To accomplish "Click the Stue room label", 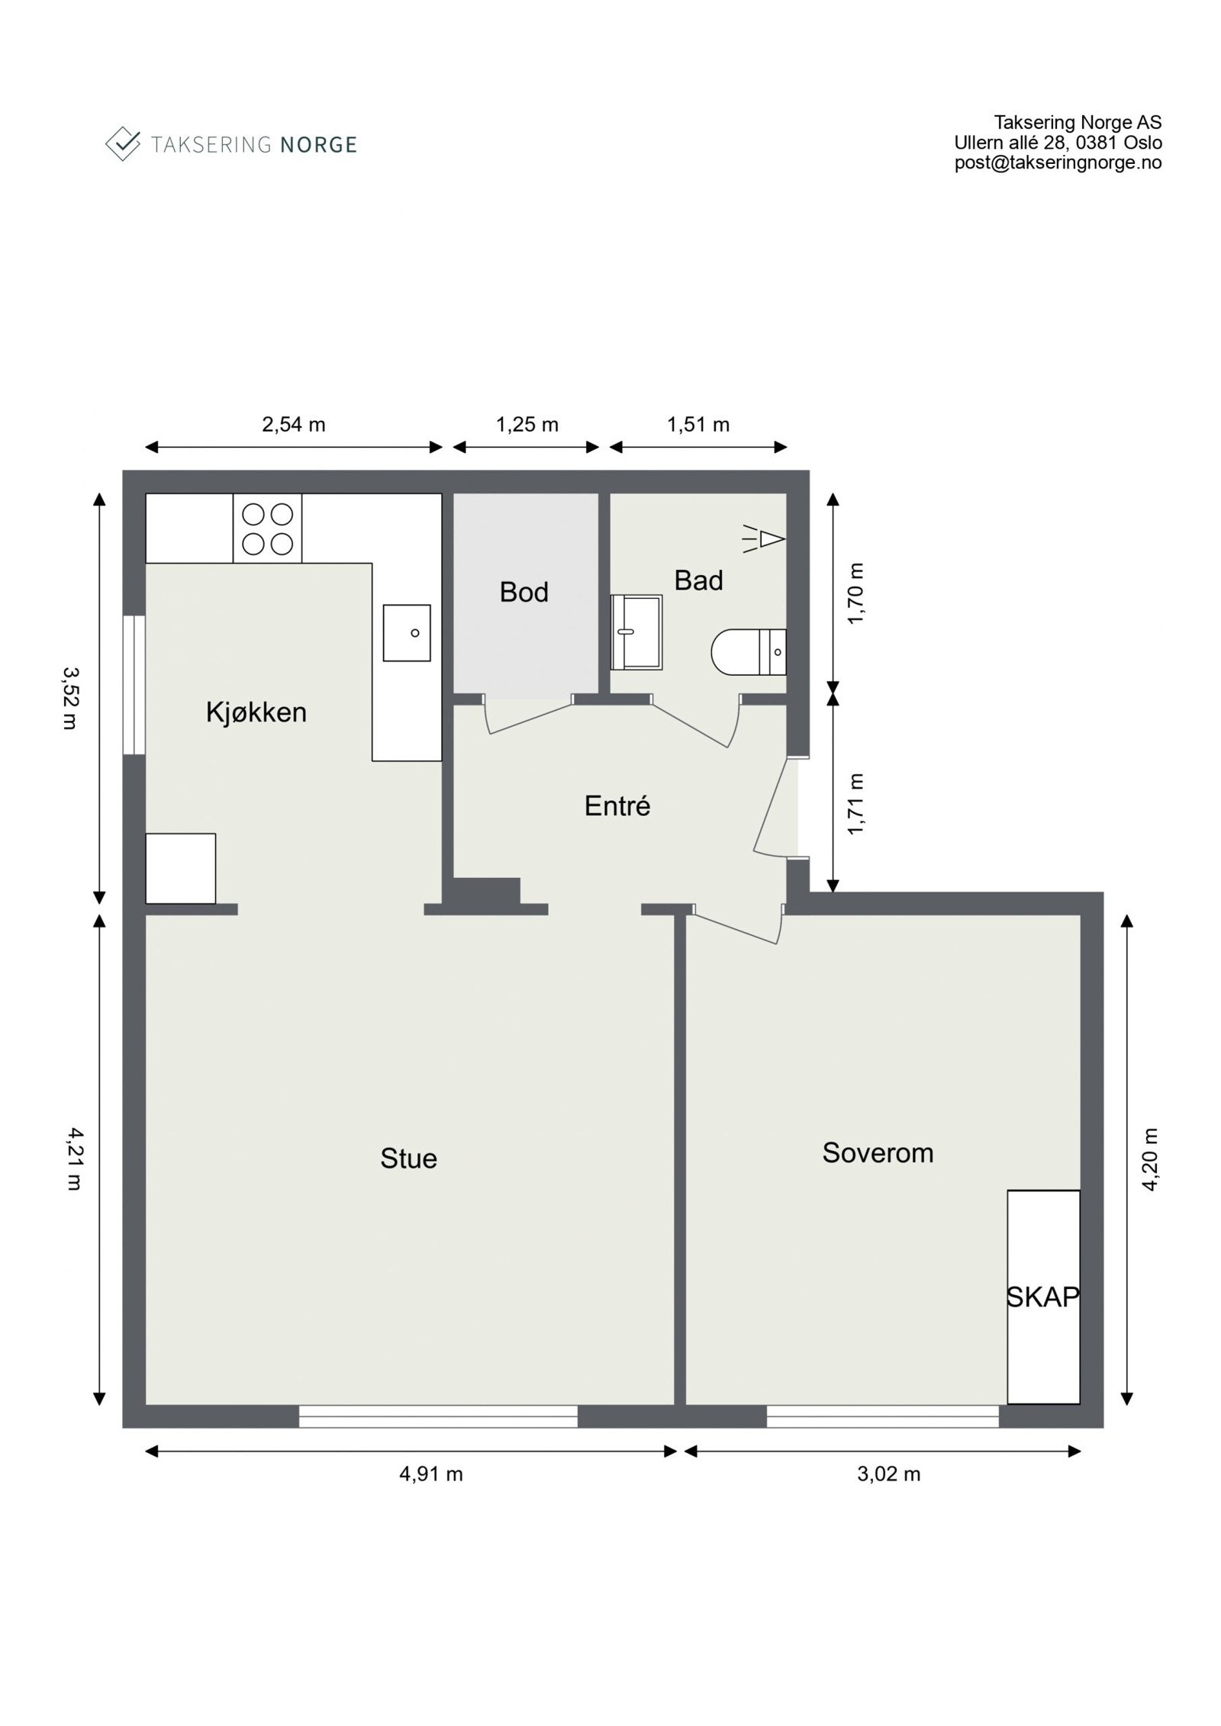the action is point(408,1159).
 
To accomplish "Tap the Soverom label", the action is point(878,1152).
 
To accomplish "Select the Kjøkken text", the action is point(256,712).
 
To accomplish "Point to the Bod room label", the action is point(524,592).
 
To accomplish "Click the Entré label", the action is point(617,805).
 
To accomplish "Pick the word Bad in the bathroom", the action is point(698,580).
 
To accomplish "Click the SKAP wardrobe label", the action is point(1043,1297).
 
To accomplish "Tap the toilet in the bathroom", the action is point(748,652).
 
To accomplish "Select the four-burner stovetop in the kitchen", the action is point(267,529).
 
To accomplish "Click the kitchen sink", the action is point(407,633).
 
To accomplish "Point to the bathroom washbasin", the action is point(636,632).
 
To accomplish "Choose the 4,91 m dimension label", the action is point(431,1474).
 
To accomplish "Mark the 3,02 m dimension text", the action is point(888,1474).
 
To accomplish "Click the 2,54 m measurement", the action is point(294,424).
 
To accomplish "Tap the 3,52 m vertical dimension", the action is point(71,698).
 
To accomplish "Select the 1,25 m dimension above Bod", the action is point(527,424).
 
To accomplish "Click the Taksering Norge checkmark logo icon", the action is point(123,143).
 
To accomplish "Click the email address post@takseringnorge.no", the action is point(1058,162).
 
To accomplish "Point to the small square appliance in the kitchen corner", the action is point(181,869).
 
